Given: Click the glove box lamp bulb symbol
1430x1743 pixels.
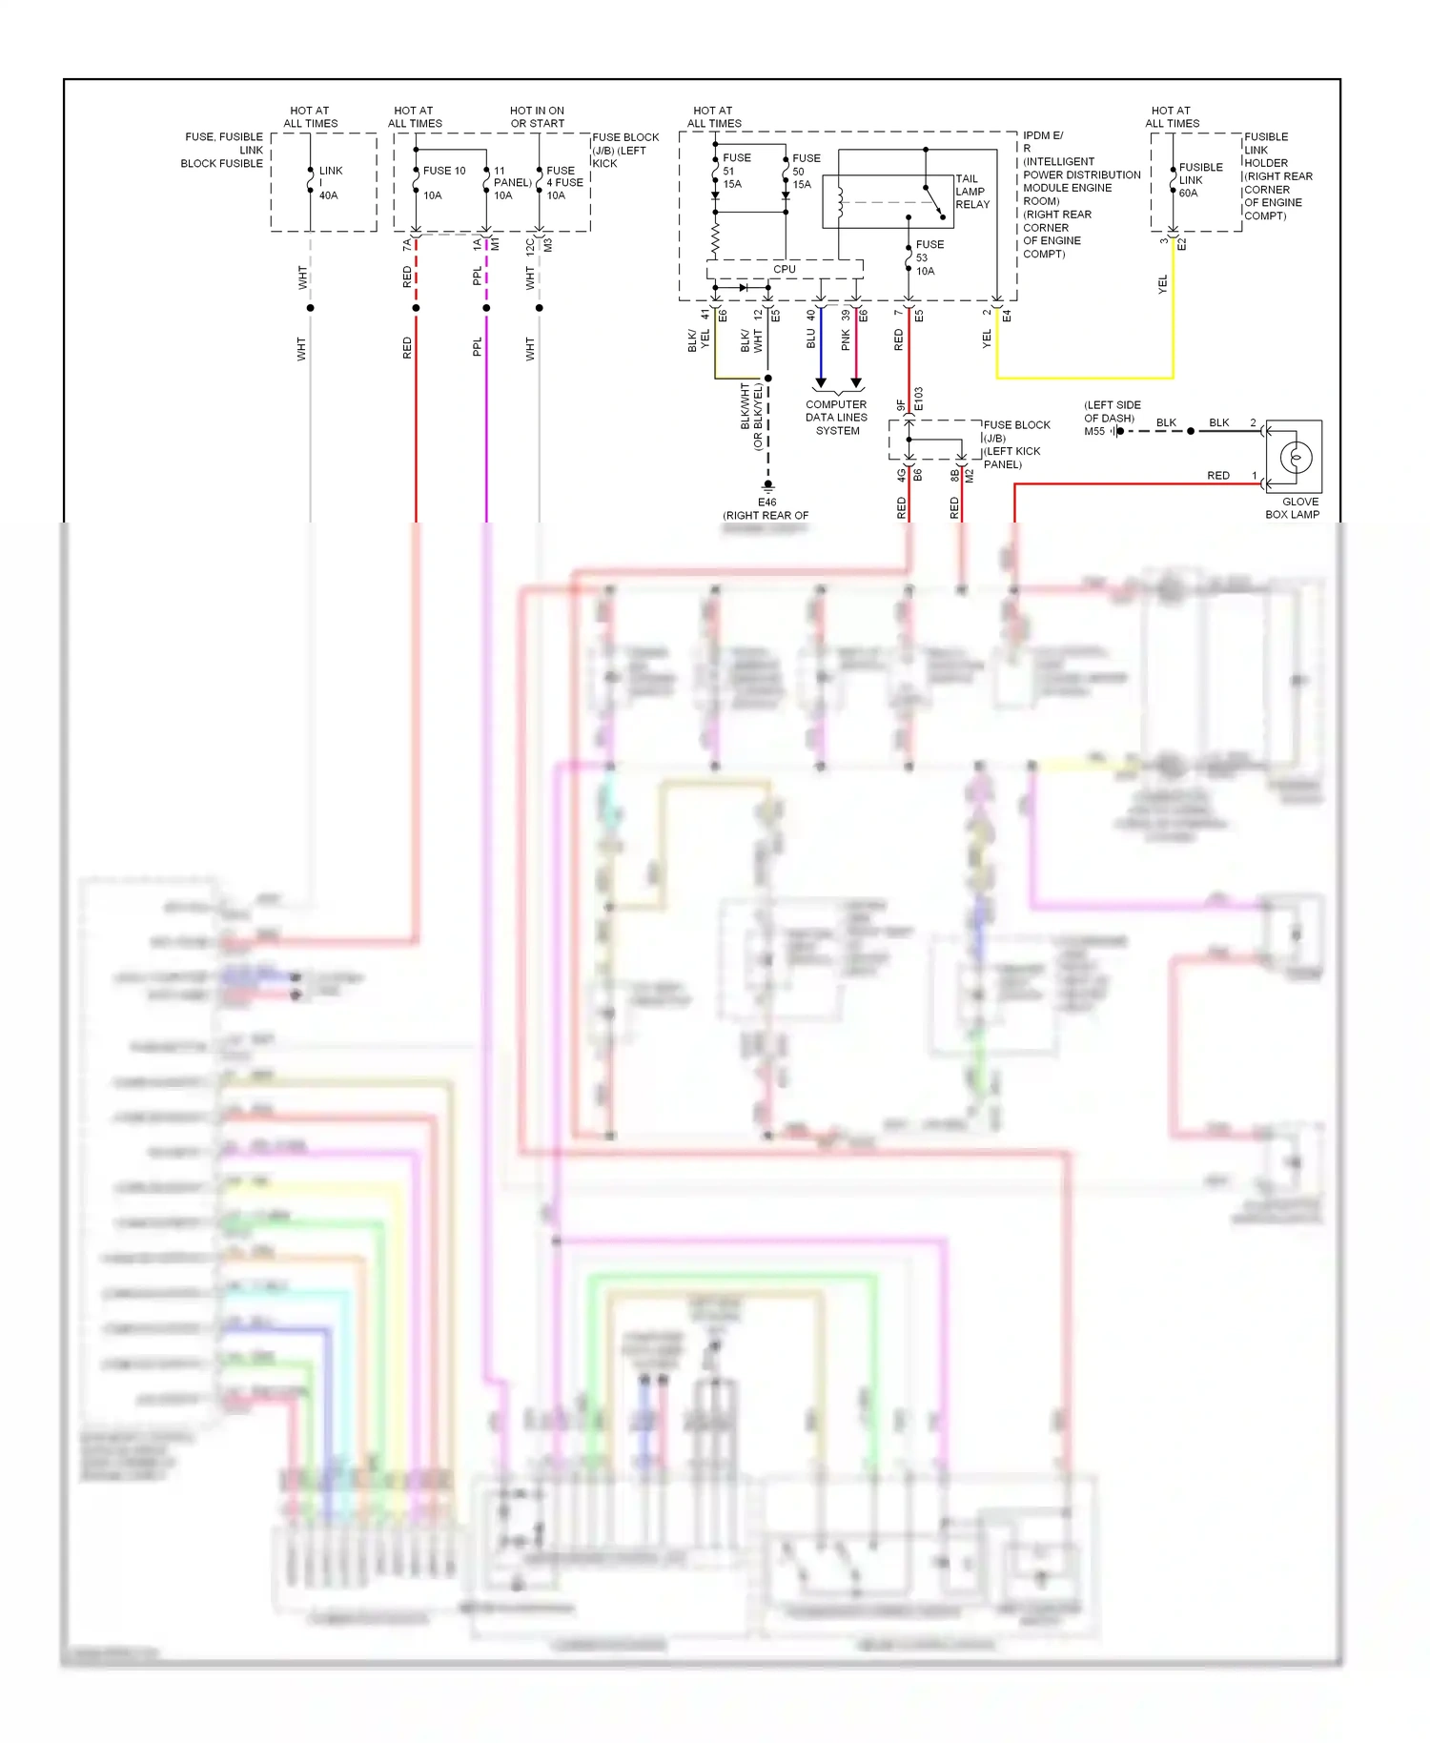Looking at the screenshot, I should click(x=1295, y=458).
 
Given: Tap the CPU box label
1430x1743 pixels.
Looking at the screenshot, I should click(x=784, y=270).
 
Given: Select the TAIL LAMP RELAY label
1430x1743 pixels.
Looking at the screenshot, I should click(x=971, y=192).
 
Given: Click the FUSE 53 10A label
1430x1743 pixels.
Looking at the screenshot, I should click(x=929, y=257).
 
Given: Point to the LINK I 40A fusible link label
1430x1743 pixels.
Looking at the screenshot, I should click(x=329, y=183).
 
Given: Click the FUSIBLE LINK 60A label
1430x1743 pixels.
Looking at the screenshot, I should click(x=1199, y=180).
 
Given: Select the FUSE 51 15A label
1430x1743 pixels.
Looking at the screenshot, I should click(x=735, y=171).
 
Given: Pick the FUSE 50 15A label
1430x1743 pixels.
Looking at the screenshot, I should click(x=805, y=172).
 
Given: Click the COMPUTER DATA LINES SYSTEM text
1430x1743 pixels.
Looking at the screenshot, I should click(x=836, y=418).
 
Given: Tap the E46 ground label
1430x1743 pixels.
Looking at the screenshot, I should click(x=766, y=502).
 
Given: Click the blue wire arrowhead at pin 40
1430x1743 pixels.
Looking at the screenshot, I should click(x=820, y=382).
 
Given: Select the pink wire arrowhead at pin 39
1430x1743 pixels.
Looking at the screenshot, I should click(x=856, y=382).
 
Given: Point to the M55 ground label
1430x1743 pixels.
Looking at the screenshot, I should click(x=1094, y=432).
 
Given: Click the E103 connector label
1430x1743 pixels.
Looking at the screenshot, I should click(x=919, y=400).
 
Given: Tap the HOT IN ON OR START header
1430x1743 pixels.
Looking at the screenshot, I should click(x=537, y=117).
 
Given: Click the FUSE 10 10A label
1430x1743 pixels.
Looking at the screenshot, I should click(x=442, y=182).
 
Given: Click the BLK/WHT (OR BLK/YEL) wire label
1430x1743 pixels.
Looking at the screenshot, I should click(x=751, y=417).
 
